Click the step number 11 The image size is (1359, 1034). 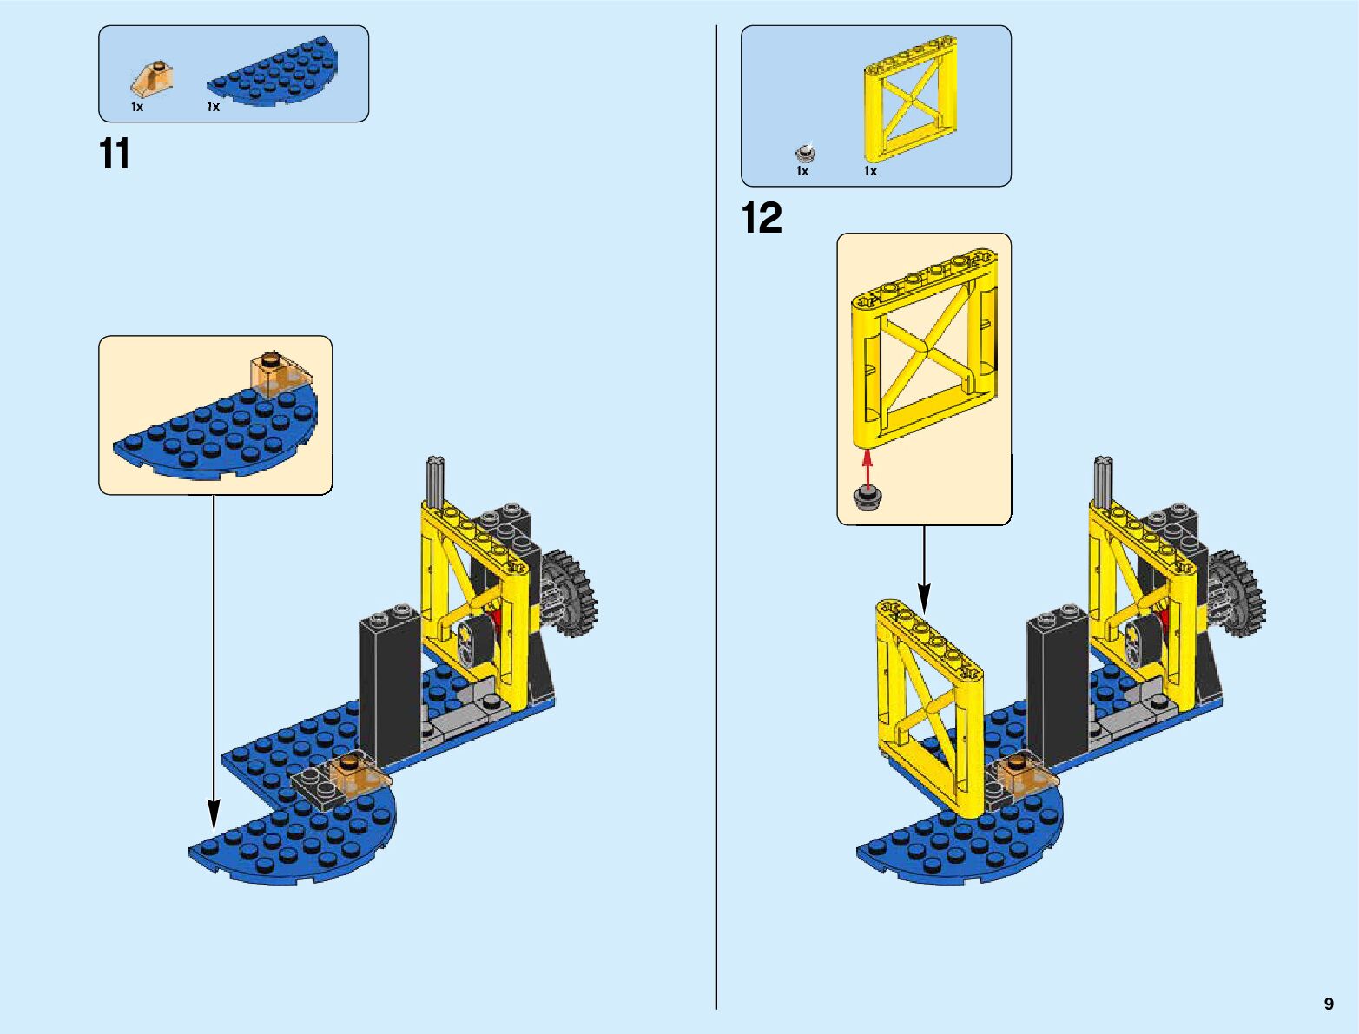coord(115,155)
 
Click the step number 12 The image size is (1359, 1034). coord(762,218)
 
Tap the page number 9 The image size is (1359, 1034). coord(1329,1004)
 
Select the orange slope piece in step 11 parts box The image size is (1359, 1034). coord(153,80)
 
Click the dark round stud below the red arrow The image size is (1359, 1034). coord(867,497)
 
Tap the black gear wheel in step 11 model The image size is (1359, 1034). coord(571,595)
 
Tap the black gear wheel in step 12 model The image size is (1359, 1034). coord(1237,595)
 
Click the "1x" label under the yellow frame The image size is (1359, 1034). coord(870,171)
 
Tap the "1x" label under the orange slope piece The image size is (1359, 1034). coord(137,107)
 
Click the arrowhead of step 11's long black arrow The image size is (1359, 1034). coord(214,814)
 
